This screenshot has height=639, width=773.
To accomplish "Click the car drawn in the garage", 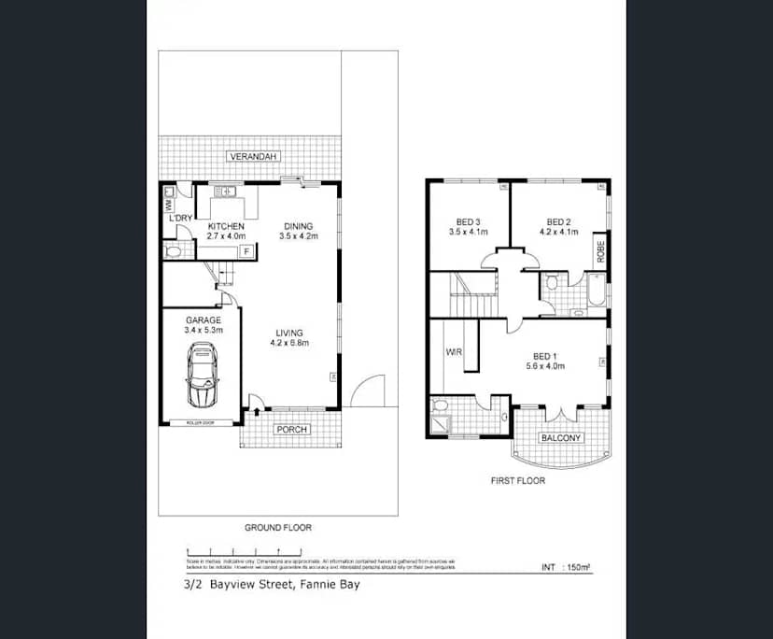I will (203, 375).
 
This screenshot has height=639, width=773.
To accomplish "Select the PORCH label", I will (290, 430).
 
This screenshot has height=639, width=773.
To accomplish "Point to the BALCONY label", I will (561, 438).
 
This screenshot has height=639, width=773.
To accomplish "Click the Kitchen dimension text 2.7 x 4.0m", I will (226, 237).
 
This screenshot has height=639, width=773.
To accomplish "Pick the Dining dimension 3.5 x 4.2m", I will (299, 237).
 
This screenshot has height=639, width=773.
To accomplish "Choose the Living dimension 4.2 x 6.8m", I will (289, 343).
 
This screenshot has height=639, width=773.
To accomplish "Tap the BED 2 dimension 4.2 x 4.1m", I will (557, 233).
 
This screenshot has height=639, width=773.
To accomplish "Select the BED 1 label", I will (545, 356).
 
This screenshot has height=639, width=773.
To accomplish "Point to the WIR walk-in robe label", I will (454, 353).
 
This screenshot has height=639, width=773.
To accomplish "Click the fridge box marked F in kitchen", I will (246, 251).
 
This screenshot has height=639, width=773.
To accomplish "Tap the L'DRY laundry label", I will (180, 219).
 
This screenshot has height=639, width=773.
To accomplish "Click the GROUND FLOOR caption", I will (278, 528).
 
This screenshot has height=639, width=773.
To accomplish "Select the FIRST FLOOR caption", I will (518, 481).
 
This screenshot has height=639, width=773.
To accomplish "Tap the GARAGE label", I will (203, 319).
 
